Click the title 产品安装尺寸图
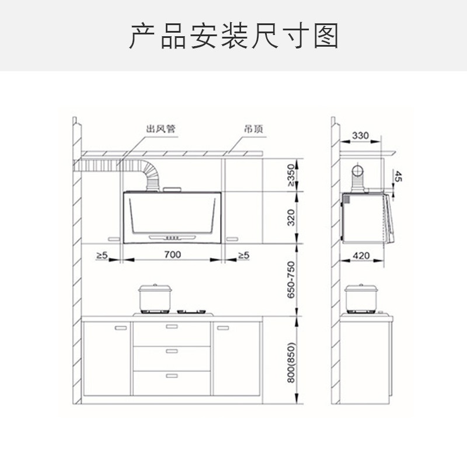click(x=233, y=36)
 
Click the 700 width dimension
click(x=172, y=255)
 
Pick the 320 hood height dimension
click(x=291, y=218)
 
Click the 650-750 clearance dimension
click(x=291, y=280)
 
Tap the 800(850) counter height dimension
click(x=291, y=360)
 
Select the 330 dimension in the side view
click(x=361, y=136)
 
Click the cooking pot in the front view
click(x=155, y=298)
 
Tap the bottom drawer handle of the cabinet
click(x=172, y=375)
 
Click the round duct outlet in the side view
click(x=356, y=172)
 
